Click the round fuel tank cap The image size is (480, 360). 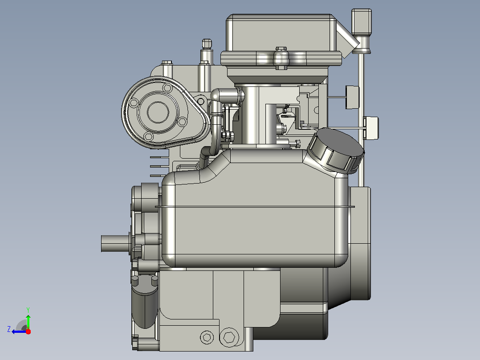[336, 151]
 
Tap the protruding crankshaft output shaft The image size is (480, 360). [115, 244]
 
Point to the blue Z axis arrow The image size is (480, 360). [19, 331]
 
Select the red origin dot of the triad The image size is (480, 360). [28, 331]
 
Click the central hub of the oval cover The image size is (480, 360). [158, 112]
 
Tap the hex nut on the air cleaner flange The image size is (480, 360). [281, 58]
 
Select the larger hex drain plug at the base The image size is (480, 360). [229, 337]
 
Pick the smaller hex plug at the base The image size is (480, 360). [207, 337]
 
